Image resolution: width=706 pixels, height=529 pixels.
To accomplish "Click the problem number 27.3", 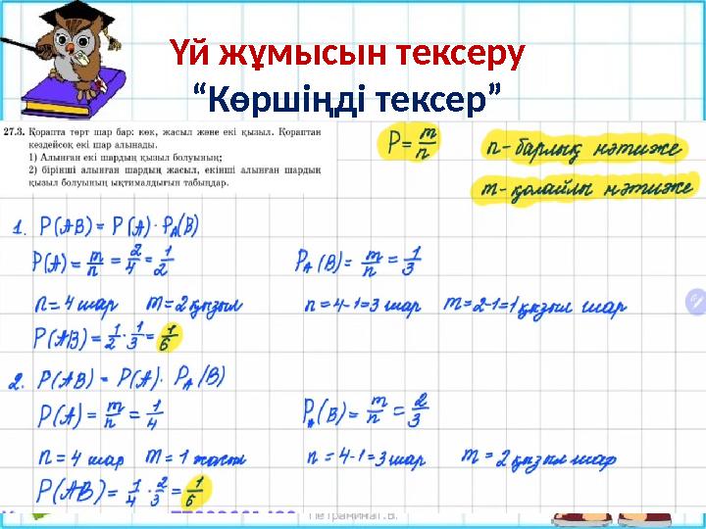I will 15,130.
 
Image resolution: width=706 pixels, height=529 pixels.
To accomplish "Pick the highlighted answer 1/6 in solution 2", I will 200,490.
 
